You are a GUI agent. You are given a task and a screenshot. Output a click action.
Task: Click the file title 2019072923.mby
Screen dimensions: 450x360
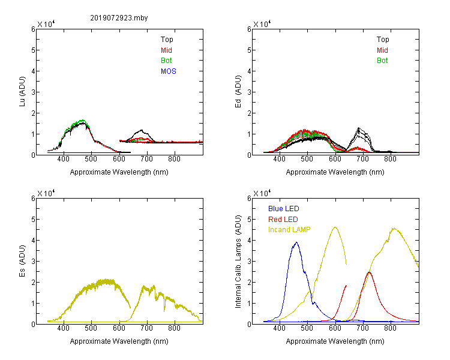pos(119,18)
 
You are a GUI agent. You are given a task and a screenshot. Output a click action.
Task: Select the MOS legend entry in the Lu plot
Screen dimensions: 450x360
pos(169,71)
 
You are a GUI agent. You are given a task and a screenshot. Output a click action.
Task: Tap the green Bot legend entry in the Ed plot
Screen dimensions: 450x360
pos(382,61)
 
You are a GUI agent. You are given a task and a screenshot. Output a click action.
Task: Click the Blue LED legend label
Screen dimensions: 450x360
pos(284,209)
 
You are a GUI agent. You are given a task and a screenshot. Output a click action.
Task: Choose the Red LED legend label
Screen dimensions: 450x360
pos(283,220)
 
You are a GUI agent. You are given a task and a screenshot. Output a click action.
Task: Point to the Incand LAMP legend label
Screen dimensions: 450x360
pos(289,230)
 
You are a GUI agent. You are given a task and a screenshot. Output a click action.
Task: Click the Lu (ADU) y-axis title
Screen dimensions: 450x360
pos(22,92)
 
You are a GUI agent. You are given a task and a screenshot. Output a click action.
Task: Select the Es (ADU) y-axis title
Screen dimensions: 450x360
pos(22,261)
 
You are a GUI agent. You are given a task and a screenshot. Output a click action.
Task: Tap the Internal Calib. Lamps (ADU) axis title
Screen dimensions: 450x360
pos(238,262)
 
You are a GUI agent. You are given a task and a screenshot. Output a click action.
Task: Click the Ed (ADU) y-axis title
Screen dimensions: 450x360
pos(238,92)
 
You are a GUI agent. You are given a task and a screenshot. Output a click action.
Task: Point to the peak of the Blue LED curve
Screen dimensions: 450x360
pos(296,242)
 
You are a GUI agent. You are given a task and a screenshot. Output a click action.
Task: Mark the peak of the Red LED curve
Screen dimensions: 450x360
pos(369,272)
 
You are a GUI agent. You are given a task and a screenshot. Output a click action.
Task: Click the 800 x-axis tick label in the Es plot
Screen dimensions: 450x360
pos(174,328)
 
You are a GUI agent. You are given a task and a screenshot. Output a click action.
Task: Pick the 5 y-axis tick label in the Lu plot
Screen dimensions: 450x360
pos(33,50)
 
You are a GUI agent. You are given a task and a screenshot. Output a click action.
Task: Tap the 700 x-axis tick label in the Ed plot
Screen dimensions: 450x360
pos(363,159)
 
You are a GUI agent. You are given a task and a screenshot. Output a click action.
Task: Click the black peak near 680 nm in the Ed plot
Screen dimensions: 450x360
pos(358,128)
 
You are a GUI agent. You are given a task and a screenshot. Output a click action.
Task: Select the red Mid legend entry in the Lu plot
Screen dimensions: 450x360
pos(166,50)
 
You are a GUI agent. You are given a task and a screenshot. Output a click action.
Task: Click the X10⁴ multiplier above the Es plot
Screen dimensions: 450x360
pos(46,193)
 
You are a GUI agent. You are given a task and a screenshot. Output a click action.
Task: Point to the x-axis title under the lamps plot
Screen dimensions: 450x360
pos(335,341)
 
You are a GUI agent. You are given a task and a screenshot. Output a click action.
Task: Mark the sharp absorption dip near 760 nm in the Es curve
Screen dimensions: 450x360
pos(164,311)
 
